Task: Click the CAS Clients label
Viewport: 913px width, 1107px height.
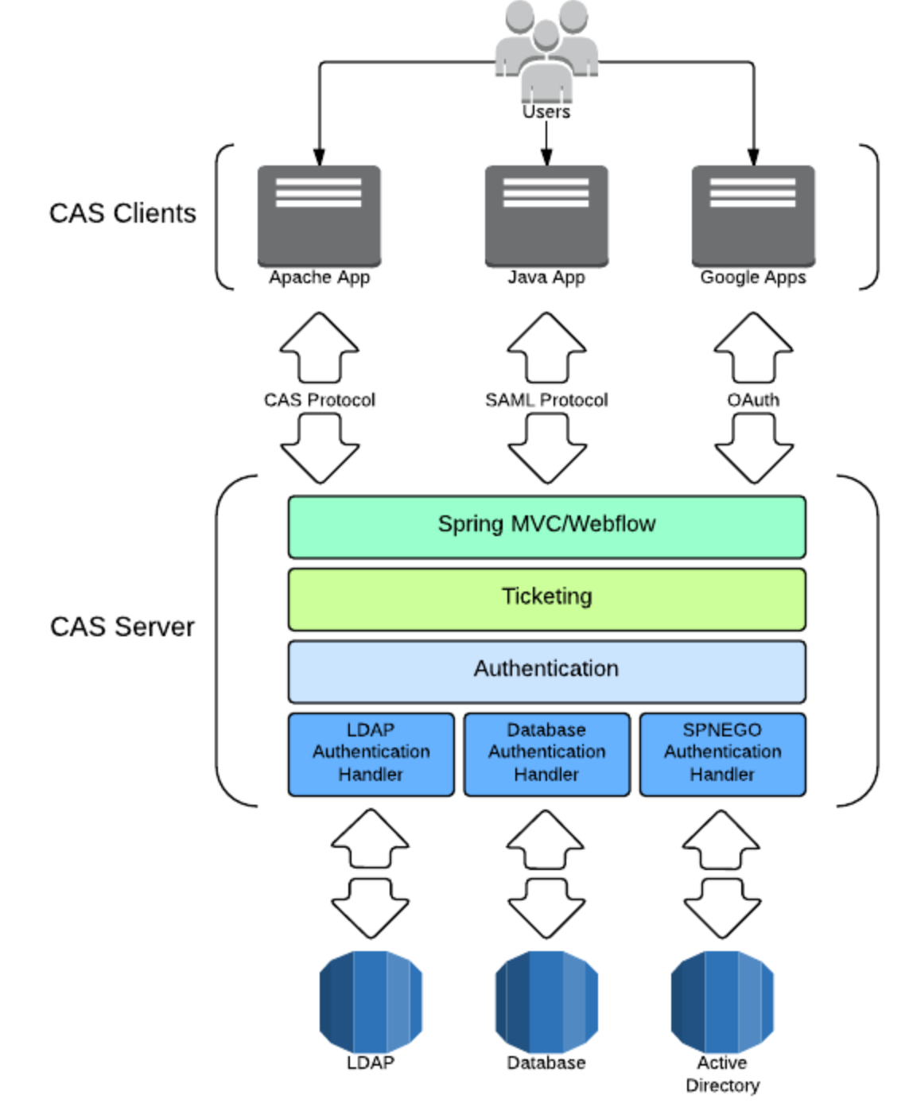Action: tap(122, 213)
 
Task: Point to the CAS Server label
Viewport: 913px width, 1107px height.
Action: tap(122, 627)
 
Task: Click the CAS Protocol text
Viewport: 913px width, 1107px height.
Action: tap(319, 400)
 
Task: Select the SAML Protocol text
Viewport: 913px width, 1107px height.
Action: tap(546, 400)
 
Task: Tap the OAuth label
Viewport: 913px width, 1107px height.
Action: tap(752, 400)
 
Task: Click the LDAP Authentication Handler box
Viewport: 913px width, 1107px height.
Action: tap(371, 753)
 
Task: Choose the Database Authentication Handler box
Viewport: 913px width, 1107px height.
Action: tap(546, 753)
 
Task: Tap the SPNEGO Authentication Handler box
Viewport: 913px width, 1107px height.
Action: tap(722, 753)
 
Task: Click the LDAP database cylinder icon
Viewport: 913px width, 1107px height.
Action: tap(371, 1000)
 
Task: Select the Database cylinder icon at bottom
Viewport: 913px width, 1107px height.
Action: tap(546, 1000)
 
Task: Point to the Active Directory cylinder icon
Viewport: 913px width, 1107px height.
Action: tap(722, 1000)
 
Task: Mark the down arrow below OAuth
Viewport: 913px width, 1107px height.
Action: tap(753, 449)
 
